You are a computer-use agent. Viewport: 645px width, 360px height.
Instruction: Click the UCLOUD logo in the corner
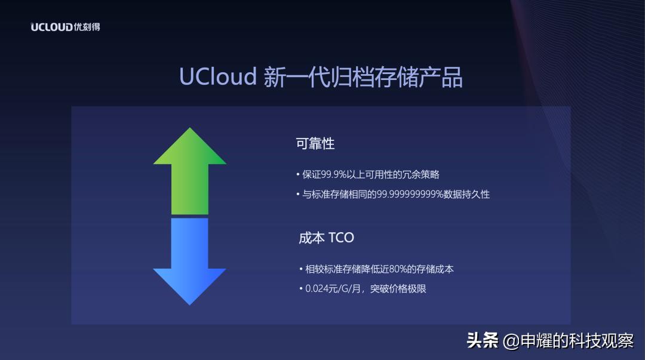click(64, 27)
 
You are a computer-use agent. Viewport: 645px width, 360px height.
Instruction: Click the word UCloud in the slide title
click(218, 78)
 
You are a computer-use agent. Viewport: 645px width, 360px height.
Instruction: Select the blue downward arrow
click(190, 260)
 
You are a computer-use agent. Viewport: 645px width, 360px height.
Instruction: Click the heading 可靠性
click(315, 144)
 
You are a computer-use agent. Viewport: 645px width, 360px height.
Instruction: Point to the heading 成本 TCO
click(326, 238)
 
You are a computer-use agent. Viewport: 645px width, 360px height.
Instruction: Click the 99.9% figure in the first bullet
click(334, 174)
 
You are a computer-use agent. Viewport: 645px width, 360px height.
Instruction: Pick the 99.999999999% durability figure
click(410, 194)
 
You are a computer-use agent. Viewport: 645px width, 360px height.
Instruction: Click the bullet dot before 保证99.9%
click(298, 175)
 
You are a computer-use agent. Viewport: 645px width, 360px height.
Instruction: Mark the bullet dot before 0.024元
click(301, 289)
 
